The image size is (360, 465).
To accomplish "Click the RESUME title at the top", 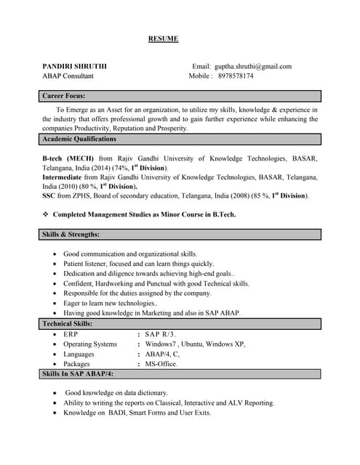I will [163, 39].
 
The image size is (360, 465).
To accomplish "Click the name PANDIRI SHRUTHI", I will [74, 66].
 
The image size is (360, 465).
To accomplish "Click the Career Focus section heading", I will [64, 96].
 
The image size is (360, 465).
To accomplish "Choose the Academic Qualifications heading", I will [79, 139].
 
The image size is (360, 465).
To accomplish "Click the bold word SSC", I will [49, 195].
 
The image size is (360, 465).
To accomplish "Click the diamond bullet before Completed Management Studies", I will [46, 214].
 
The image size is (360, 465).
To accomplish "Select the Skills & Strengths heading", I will [71, 235].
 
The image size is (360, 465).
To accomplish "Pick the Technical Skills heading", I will [68, 323].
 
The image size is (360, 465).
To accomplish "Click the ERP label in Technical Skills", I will [71, 334].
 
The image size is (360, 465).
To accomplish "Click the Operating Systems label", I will [90, 344].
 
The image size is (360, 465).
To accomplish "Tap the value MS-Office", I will [161, 363].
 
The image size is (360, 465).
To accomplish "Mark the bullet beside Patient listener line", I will [56, 264].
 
